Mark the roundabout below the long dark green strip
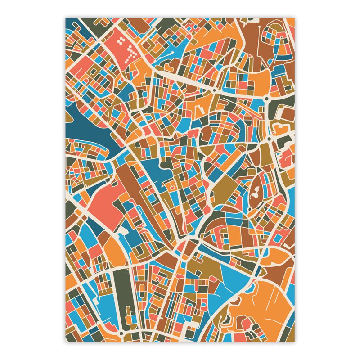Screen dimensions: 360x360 click(122, 333)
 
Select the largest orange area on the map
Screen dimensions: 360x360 click(265, 306)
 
